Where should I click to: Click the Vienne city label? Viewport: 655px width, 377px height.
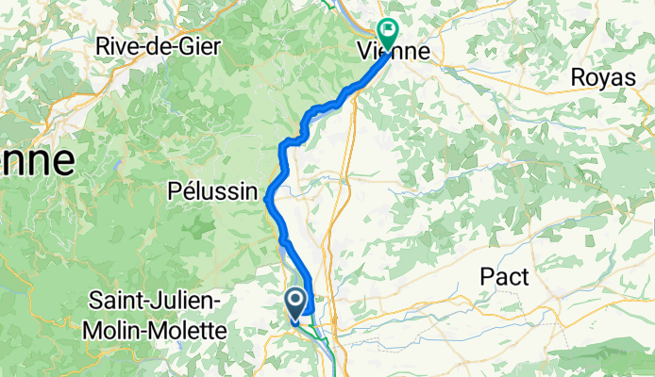(395, 49)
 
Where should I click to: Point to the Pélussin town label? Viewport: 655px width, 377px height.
(212, 192)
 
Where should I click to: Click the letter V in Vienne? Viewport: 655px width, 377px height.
(365, 49)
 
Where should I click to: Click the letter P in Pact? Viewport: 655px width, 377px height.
(485, 276)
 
